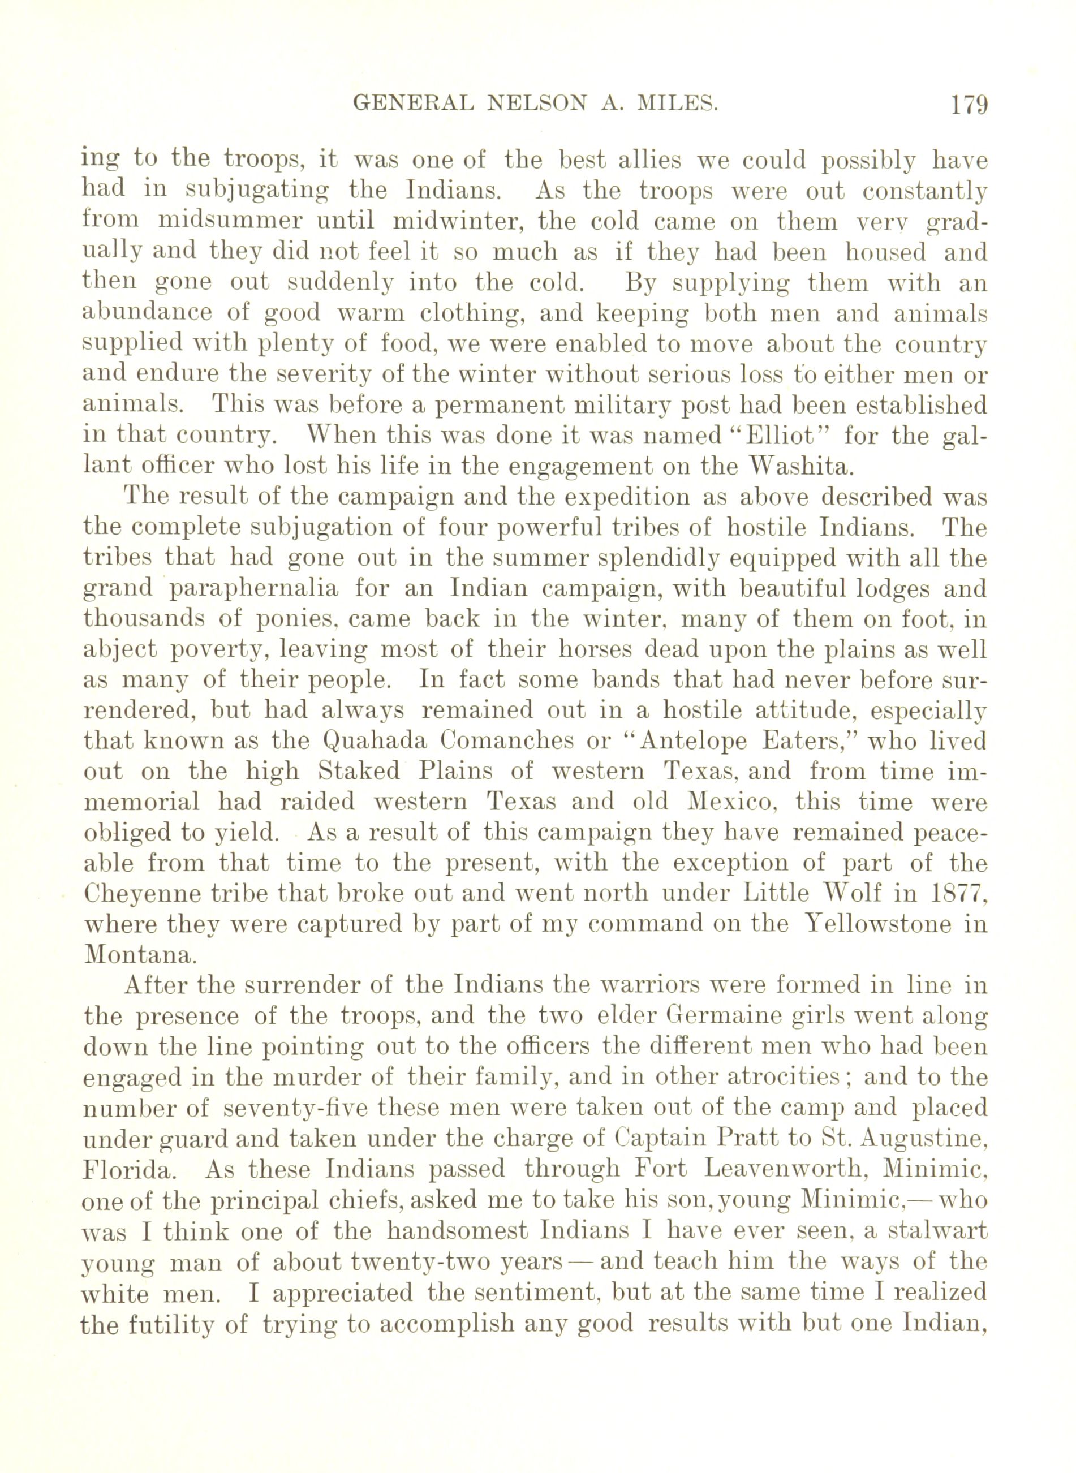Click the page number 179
(970, 105)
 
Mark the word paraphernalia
(255, 589)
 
